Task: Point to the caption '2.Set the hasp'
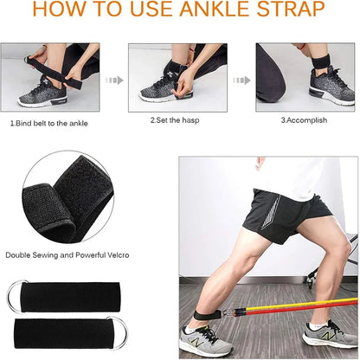(175, 119)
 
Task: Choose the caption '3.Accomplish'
(304, 119)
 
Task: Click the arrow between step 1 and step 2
(114, 80)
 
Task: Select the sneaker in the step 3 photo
(331, 87)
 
